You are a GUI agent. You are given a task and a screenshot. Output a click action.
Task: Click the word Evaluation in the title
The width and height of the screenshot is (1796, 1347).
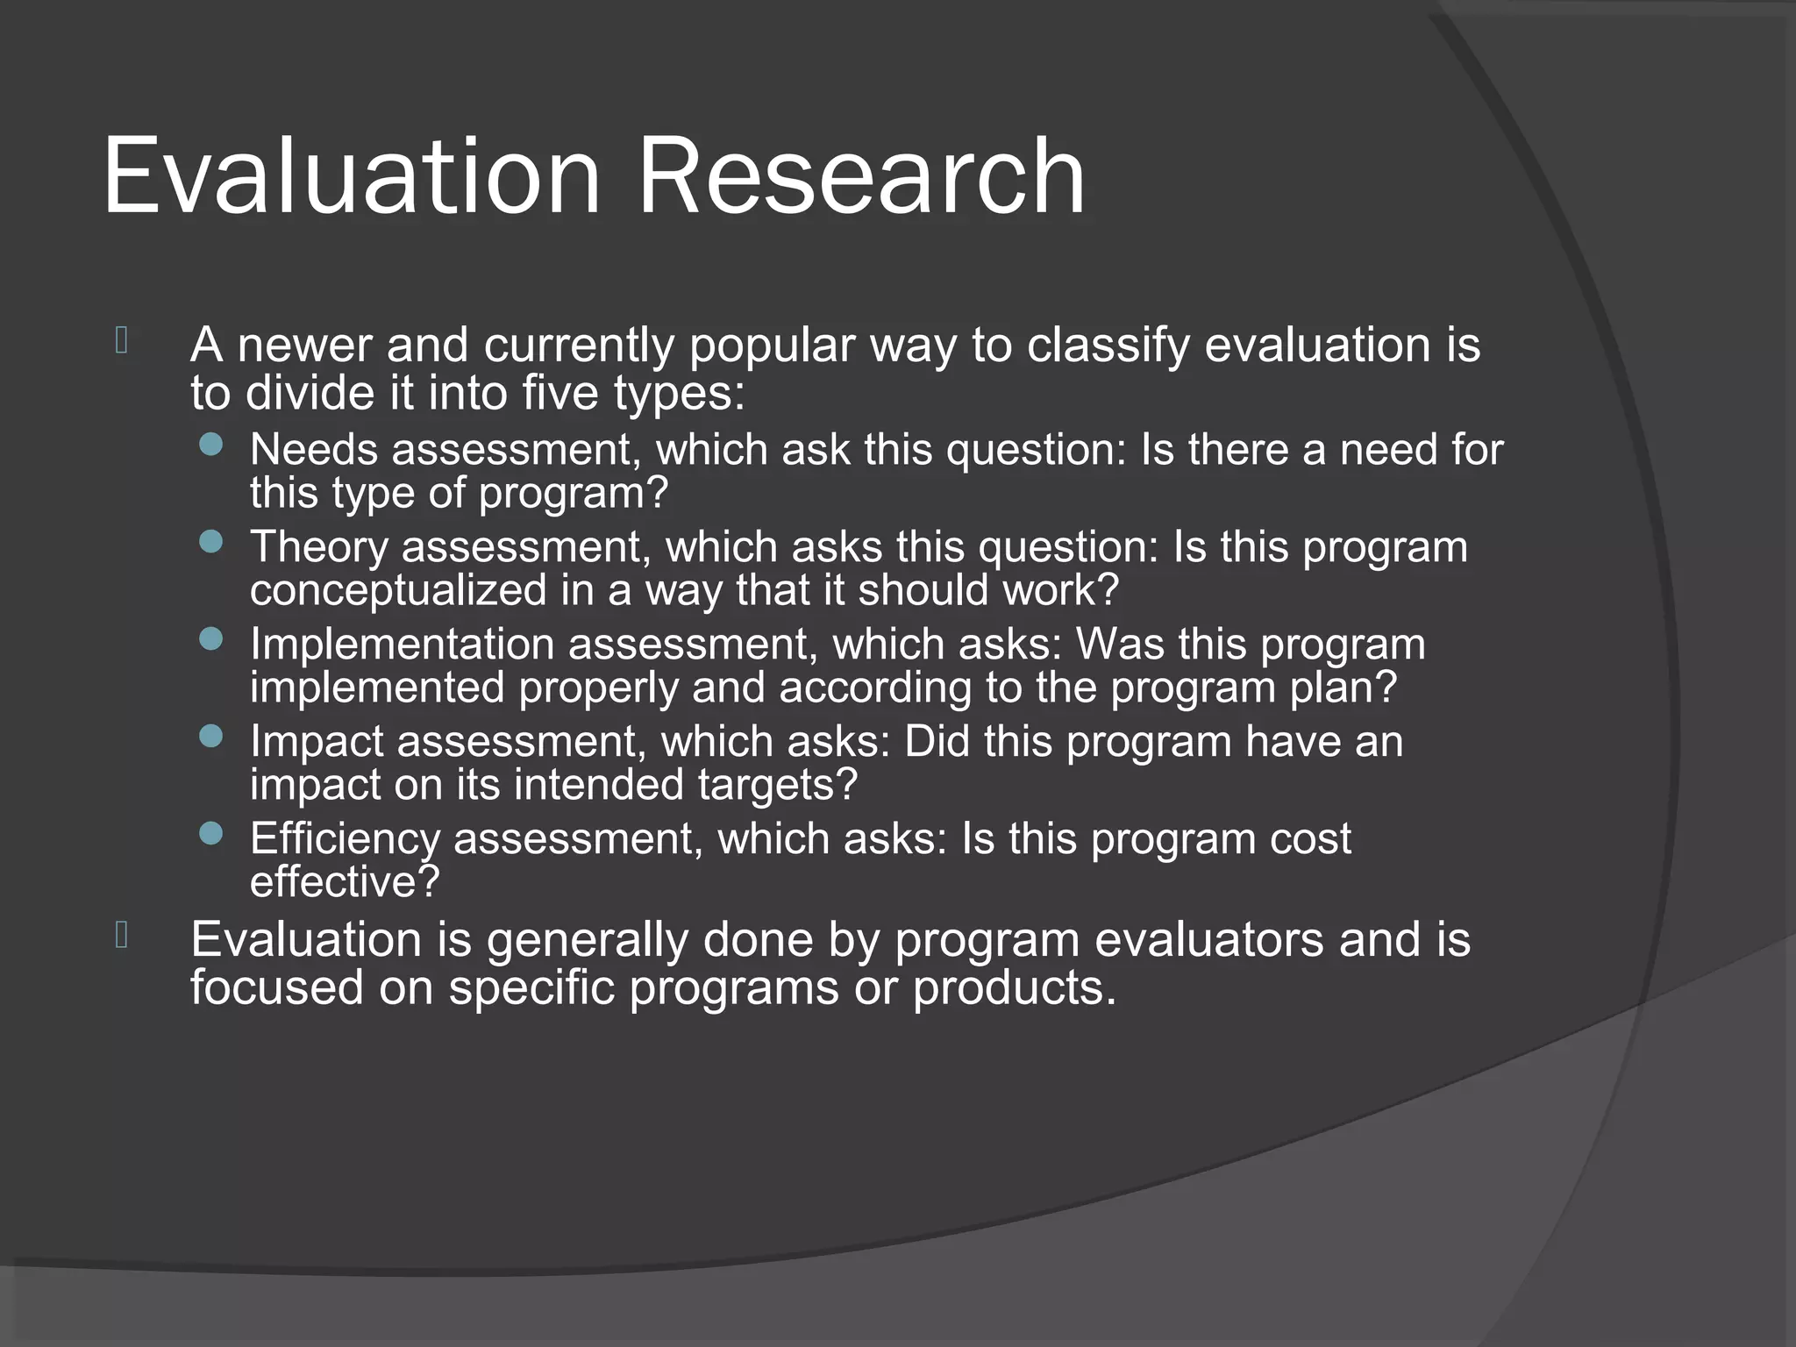351,177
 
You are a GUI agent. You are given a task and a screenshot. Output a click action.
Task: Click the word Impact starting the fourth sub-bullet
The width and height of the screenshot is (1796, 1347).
317,742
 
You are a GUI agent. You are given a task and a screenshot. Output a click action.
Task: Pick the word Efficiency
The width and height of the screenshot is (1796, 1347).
345,839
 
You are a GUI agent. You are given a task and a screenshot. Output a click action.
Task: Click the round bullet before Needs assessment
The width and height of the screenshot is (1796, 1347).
211,445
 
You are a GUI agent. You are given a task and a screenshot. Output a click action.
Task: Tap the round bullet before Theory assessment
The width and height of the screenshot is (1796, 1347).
211,542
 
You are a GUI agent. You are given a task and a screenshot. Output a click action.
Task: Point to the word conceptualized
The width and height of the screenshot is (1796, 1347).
398,590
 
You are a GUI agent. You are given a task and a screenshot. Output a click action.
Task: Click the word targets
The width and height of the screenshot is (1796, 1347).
776,785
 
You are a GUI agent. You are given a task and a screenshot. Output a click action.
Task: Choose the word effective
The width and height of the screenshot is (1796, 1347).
344,882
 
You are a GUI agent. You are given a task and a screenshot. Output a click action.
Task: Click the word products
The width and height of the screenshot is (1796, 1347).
1015,988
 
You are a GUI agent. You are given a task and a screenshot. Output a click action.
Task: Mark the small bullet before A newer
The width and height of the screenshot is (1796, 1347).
121,340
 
